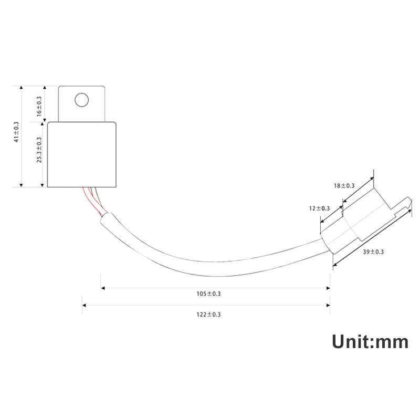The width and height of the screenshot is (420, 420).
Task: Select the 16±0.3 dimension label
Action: pos(39,107)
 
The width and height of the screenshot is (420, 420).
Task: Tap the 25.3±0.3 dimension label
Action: pos(39,150)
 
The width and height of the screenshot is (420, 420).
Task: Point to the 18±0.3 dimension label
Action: pos(344,186)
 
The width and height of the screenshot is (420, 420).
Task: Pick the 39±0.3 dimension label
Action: pos(373,252)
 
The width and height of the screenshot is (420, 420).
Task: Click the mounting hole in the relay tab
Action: pos(81,99)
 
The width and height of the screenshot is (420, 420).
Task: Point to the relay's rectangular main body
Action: pos(81,154)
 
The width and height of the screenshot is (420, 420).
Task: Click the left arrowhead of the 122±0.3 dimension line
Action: pos(85,304)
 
